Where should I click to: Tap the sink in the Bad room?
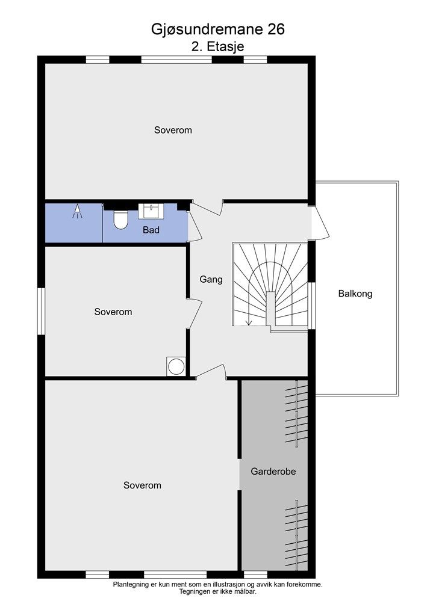(x=150, y=211)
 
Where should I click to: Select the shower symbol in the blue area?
(x=78, y=211)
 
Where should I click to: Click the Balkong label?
(x=355, y=294)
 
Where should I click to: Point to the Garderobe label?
(x=273, y=471)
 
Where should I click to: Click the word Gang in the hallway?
(x=211, y=279)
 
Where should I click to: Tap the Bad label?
(x=151, y=230)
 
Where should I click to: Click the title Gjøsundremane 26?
(x=218, y=29)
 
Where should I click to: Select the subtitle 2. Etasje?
(x=218, y=46)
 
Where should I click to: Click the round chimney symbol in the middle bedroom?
(x=176, y=366)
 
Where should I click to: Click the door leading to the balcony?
(x=320, y=222)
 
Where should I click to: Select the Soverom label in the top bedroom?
(x=173, y=130)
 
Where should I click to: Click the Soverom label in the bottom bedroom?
(x=142, y=485)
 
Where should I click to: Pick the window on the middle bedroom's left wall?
(x=42, y=311)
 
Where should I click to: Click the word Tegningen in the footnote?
(x=194, y=592)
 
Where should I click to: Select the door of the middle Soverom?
(x=195, y=314)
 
